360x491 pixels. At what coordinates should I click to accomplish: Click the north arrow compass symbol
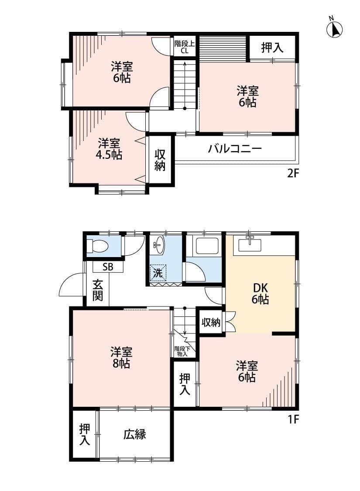click(x=334, y=29)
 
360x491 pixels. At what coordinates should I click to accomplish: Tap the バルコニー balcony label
click(x=235, y=149)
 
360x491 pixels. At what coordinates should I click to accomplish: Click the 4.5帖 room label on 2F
click(x=110, y=149)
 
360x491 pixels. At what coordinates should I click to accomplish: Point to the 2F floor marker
click(x=292, y=174)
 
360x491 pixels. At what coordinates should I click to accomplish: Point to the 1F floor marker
click(x=292, y=419)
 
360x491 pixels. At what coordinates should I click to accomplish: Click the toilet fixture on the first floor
click(x=98, y=247)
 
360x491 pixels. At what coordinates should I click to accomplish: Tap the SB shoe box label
click(x=108, y=267)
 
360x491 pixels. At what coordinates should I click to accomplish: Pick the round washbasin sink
click(x=158, y=245)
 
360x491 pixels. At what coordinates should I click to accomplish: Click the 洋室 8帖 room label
click(x=121, y=357)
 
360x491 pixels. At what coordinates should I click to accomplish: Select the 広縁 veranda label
click(x=134, y=434)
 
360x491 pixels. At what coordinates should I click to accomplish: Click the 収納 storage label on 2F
click(x=160, y=160)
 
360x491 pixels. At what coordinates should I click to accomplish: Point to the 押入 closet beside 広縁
click(x=85, y=435)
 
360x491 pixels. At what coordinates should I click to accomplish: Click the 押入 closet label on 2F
click(x=272, y=48)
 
